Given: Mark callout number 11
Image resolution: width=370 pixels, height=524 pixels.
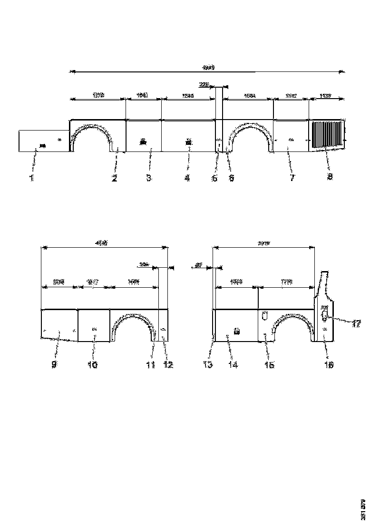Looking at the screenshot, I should click(x=151, y=364).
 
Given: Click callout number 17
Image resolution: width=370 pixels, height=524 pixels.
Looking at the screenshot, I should click(x=355, y=323).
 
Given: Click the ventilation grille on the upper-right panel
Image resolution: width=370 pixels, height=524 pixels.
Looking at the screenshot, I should click(x=327, y=136).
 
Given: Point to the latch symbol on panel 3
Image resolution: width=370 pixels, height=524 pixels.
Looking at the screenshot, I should click(x=143, y=141).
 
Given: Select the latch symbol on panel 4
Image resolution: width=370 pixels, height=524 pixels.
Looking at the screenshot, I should click(x=188, y=141).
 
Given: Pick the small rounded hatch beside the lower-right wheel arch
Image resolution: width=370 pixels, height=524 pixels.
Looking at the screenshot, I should click(x=265, y=315).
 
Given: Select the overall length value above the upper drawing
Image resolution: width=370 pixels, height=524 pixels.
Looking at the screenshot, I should click(x=208, y=68).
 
